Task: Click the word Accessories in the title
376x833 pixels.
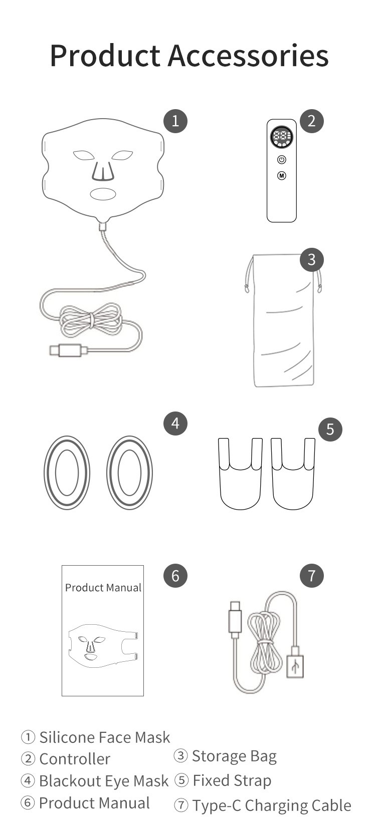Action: pos(248,56)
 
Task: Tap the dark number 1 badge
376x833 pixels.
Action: pos(175,121)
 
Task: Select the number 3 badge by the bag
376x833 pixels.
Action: pos(312,260)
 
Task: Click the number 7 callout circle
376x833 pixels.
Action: pos(312,576)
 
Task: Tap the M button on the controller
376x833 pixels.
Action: pos(282,176)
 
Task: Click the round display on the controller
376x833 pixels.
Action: pos(282,137)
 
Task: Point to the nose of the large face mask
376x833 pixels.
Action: pos(103,171)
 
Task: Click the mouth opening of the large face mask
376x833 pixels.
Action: pos(103,194)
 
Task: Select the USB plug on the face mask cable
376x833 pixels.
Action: pos(69,350)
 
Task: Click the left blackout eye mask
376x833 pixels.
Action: pos(67,473)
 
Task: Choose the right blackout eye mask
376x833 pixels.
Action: pos(129,473)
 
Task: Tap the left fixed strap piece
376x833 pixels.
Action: pos(240,474)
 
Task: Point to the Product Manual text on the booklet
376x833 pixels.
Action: pos(103,588)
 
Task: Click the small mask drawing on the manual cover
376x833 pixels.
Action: pos(103,645)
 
